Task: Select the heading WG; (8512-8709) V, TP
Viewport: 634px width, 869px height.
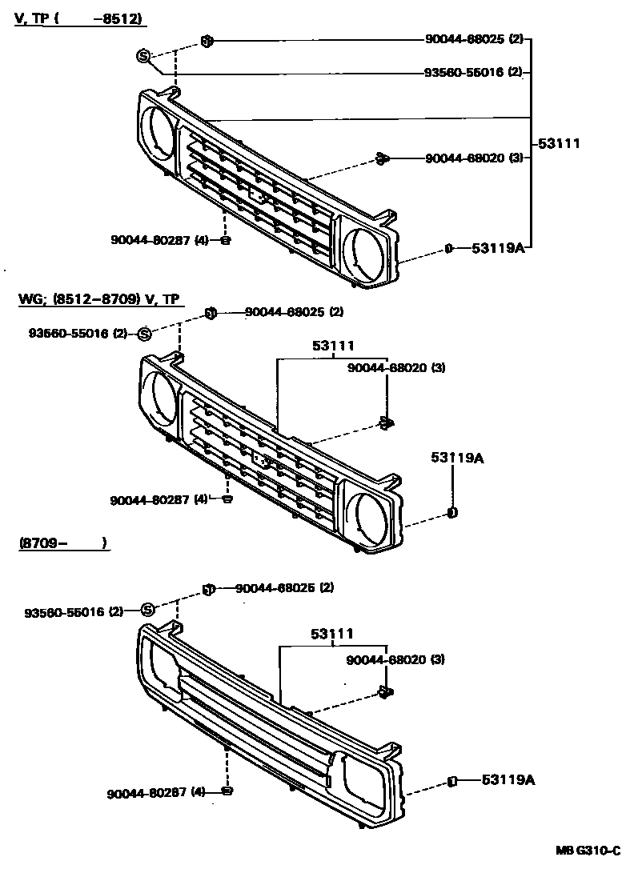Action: pos(101,299)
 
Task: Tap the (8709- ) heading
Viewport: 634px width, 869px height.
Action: pos(62,543)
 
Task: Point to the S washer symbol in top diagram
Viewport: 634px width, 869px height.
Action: pos(144,55)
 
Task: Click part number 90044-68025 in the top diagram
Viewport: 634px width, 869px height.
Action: pos(464,39)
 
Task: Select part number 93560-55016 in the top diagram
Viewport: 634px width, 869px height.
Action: pos(464,72)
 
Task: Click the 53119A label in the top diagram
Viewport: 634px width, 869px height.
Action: pos(497,249)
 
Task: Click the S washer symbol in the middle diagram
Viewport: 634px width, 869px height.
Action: pos(144,333)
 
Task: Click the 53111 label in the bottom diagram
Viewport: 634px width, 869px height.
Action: pos(332,634)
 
